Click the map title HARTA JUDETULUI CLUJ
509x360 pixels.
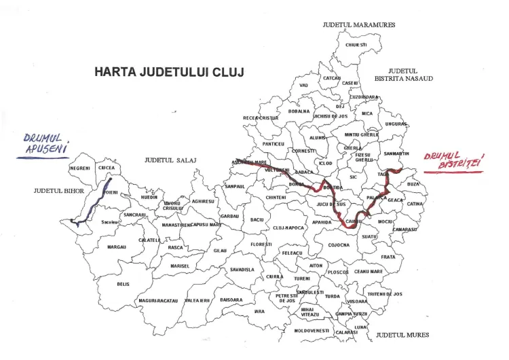coord(169,71)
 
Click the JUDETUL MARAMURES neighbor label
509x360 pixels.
coord(358,24)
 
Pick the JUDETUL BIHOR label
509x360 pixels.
coord(58,191)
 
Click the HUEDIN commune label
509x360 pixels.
coord(149,197)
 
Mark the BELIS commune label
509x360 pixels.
coord(123,284)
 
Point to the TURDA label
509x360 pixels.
coord(332,296)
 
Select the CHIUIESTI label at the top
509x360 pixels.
coord(356,45)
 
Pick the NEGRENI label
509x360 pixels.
coord(80,168)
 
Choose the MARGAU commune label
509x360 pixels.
coord(117,247)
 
